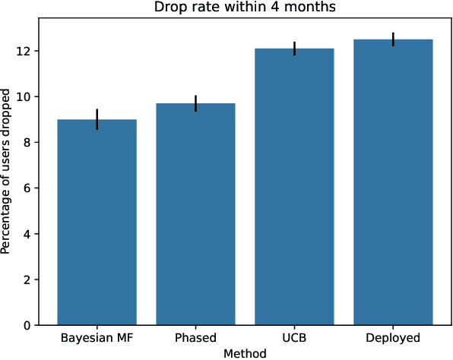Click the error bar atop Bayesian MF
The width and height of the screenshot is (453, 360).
click(x=97, y=119)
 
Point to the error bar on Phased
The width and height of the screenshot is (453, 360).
click(x=196, y=103)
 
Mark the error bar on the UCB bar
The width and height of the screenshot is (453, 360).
click(x=294, y=49)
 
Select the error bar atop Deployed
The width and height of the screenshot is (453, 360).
click(x=393, y=39)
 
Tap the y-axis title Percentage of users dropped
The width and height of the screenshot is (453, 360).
click(x=7, y=173)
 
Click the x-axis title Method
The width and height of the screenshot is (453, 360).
click(x=245, y=353)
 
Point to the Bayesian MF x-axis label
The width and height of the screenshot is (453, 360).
click(x=97, y=338)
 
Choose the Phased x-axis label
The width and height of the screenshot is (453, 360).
click(x=196, y=338)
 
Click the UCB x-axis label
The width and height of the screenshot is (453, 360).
click(x=294, y=338)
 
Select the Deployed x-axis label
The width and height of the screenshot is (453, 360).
click(x=393, y=338)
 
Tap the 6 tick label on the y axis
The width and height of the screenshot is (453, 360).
click(x=27, y=188)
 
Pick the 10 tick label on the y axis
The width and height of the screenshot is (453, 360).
click(x=24, y=96)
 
